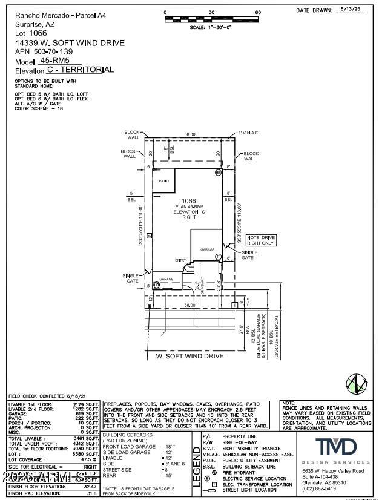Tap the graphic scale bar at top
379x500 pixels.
pyautogui.click(x=211, y=19)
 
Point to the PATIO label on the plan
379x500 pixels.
pyautogui.click(x=163, y=181)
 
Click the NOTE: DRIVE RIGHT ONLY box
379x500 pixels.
pyautogui.click(x=261, y=239)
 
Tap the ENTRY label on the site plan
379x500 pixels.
pyautogui.click(x=181, y=260)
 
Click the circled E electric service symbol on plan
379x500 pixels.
pyautogui.click(x=218, y=257)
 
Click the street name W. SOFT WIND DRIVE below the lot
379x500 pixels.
pyautogui.click(x=189, y=357)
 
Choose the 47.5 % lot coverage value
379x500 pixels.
pyautogui.click(x=87, y=459)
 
